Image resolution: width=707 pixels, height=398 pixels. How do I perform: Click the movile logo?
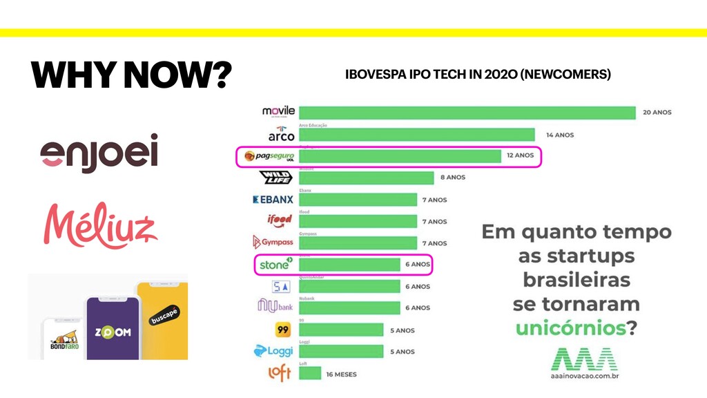[278, 112]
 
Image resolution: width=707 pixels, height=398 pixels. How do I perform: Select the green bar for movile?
[467, 113]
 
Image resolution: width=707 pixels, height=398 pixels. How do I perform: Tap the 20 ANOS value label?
[657, 113]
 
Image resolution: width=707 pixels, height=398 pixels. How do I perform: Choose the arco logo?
[281, 135]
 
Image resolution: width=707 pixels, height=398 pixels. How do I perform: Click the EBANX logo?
[273, 200]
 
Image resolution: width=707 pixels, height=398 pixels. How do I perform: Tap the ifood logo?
[280, 221]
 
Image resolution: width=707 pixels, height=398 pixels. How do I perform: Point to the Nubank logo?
[275, 306]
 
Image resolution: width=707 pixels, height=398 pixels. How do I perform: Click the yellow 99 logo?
[282, 330]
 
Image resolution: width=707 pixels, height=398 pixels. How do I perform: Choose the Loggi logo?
[273, 352]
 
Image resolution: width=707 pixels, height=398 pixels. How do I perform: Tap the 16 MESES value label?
[341, 374]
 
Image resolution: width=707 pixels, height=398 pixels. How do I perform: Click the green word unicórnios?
[570, 328]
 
